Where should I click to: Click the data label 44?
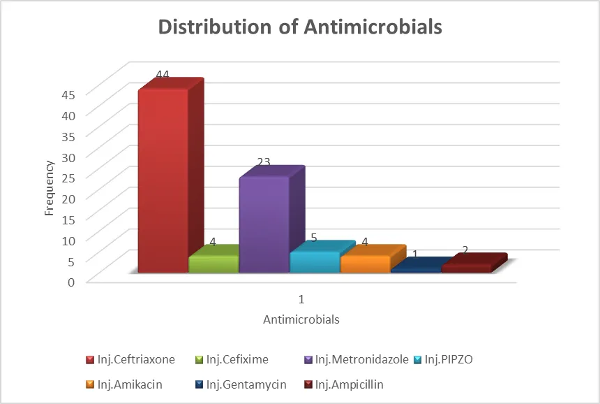[163, 74]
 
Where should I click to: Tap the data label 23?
[263, 162]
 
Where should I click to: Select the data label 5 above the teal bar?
[314, 238]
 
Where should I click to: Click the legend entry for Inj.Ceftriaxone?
[130, 359]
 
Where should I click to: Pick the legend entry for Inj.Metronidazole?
[357, 359]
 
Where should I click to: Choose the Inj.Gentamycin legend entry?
[241, 384]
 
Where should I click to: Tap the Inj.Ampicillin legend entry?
[344, 384]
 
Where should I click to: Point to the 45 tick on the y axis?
[68, 94]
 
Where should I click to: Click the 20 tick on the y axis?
[68, 199]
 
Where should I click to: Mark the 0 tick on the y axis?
[71, 282]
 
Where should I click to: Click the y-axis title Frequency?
[49, 188]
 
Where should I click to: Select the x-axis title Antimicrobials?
[301, 319]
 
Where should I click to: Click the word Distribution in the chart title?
[215, 27]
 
